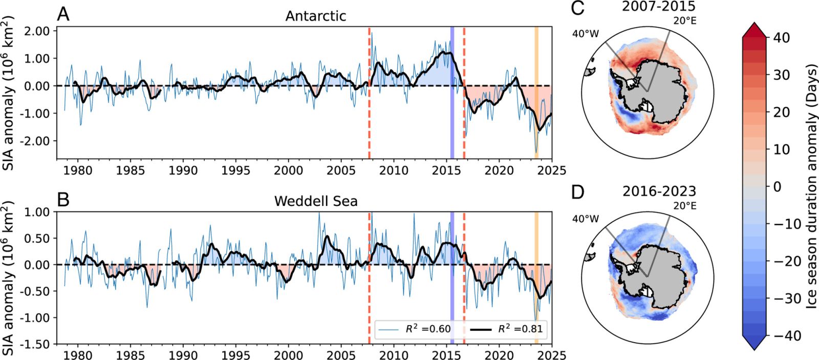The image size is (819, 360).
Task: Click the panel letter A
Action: click(63, 14)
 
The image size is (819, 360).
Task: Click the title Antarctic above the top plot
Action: click(315, 16)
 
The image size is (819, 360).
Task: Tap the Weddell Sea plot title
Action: click(315, 201)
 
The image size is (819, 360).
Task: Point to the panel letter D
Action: click(577, 192)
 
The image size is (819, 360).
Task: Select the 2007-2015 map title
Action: click(659, 7)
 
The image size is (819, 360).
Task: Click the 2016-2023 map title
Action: click(659, 192)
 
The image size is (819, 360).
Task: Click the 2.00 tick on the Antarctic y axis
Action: click(37, 31)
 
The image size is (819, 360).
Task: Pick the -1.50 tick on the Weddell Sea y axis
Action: click(35, 344)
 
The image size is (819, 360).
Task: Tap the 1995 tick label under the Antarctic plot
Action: click(235, 170)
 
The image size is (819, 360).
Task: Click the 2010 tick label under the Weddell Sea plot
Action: click(393, 355)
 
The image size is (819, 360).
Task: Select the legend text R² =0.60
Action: click(428, 329)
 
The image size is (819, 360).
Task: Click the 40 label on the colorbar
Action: click(781, 37)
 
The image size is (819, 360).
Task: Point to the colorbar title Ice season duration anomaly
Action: click(811, 186)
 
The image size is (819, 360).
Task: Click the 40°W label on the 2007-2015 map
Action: click(586, 34)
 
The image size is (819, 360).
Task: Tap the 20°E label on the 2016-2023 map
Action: click(685, 206)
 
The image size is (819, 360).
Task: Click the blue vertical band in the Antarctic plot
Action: click(452, 92)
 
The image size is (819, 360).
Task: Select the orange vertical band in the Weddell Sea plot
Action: click(536, 277)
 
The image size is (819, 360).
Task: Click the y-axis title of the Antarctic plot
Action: click(9, 92)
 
